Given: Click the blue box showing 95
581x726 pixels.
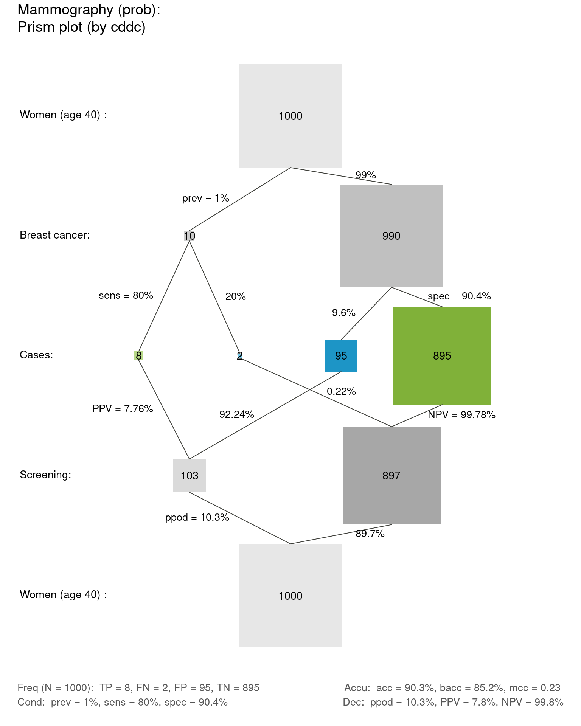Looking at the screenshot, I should pos(341,356).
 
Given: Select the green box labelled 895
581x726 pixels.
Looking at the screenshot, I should pos(442,355).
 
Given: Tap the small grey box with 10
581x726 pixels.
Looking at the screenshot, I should pos(190,236).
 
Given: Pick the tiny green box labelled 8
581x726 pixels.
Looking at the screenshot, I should pos(139,356).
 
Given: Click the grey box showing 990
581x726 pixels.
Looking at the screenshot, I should pos(391,236).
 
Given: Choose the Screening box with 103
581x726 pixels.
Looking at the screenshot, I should pos(190,475).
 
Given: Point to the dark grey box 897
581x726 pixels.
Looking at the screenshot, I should pos(391,475).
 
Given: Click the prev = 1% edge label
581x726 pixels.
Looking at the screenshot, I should pos(205,198).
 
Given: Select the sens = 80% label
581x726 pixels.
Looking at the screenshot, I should pos(126,295).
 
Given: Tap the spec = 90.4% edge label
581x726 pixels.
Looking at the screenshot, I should pos(459,296).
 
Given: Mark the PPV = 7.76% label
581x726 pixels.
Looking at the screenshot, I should pos(123,408).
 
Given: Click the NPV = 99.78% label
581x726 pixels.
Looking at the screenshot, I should pos(461,415).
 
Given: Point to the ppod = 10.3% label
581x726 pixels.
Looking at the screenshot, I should pos(197,517).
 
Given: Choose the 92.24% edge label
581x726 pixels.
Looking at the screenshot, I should pos(236,414).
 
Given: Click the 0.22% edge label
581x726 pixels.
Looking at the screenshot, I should pos(341,391).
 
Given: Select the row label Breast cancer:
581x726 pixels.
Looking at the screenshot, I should pos(55,235).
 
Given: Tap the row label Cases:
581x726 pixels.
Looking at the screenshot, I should pos(36,355).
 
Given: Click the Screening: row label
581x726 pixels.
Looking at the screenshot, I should pos(45,475).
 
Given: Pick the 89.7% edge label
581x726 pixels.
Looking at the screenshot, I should pos(370,534).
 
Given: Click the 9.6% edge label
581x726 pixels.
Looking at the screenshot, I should pos(343,313).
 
